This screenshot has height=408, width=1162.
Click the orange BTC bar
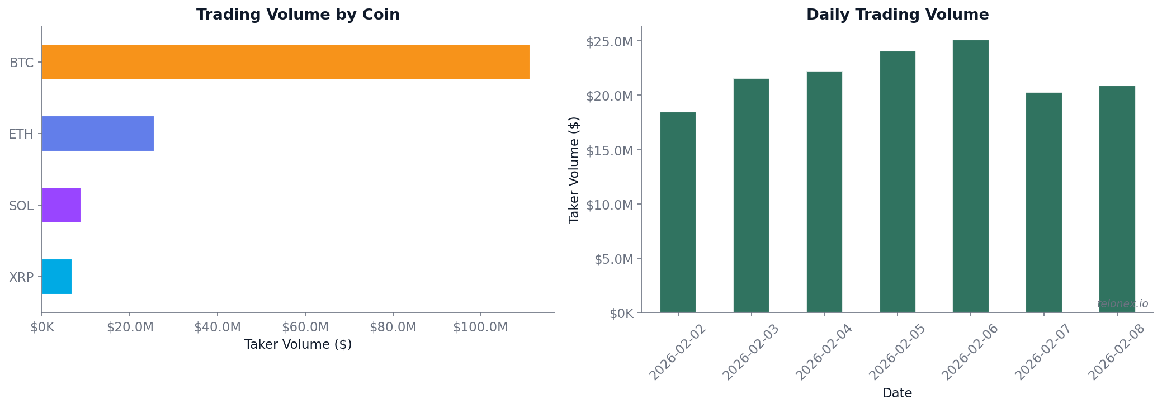coord(285,62)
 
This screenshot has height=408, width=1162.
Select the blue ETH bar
coord(98,134)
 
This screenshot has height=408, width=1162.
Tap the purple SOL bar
coord(61,205)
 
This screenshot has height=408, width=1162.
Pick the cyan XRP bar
coord(56,277)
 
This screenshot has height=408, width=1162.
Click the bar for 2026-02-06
coord(970,176)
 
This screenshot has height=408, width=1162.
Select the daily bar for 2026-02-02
coord(678,212)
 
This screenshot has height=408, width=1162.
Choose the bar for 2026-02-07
coord(1043,202)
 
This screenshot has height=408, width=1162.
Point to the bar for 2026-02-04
coord(824,192)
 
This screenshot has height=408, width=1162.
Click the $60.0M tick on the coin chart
coord(305,328)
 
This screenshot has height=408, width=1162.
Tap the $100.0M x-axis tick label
coord(480,328)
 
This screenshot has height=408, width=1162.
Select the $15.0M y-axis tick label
coord(609,150)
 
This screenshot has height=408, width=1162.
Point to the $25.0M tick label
coord(609,42)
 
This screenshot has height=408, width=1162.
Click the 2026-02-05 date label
coord(897,352)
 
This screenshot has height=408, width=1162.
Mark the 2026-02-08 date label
coord(1116,352)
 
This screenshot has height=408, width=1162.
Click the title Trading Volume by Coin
coord(297,15)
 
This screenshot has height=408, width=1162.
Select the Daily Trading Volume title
coord(897,15)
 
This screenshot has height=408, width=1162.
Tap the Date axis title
coord(897,393)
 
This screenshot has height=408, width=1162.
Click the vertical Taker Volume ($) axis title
coord(574,170)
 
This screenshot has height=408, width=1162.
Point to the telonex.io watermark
coord(1122,304)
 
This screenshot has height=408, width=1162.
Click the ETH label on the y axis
coord(21,134)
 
